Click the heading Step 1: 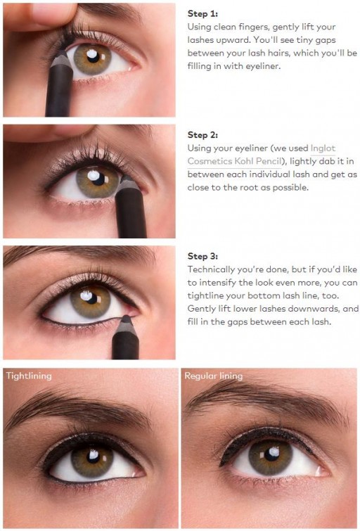click(x=202, y=13)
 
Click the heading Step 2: click(x=202, y=135)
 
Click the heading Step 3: click(x=202, y=256)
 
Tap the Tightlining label click(x=29, y=376)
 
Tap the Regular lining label click(x=213, y=376)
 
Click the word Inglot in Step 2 click(x=323, y=148)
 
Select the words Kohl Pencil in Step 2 click(x=257, y=161)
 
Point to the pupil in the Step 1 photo click(x=92, y=56)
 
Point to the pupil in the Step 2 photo click(x=98, y=179)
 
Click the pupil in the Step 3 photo click(x=90, y=298)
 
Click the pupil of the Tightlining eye click(x=92, y=457)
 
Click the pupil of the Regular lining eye click(x=271, y=454)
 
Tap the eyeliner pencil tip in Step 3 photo click(x=126, y=318)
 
